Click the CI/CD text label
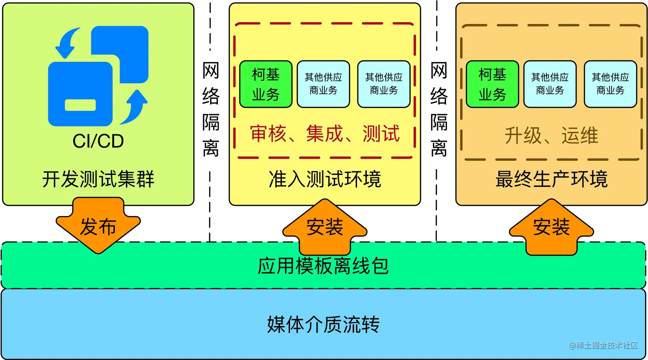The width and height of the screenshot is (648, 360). (98, 141)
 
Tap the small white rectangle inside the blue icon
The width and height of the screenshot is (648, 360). (80, 105)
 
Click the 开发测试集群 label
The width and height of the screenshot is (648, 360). (98, 179)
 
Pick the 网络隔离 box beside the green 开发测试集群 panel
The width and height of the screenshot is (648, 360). (210, 108)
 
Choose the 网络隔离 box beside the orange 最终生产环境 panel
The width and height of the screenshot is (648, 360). (438, 108)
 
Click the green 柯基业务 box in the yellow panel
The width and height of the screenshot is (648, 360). (266, 84)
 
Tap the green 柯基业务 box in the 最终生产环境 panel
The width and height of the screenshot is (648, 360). (492, 84)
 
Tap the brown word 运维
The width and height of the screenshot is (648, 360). (580, 136)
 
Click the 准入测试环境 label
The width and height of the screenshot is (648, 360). (324, 179)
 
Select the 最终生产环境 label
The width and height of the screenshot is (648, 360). (551, 179)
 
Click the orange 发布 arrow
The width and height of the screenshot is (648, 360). (98, 226)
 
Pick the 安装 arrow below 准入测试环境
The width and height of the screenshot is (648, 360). (324, 227)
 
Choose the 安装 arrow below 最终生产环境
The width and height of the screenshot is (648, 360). (551, 227)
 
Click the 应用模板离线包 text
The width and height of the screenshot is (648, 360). (324, 266)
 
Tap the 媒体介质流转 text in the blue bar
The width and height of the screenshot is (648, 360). (324, 324)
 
